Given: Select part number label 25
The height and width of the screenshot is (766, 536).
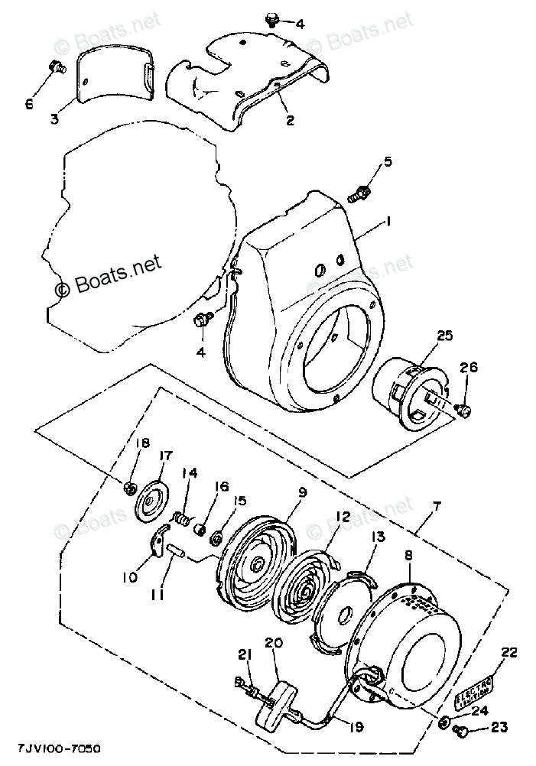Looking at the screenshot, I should (x=445, y=335).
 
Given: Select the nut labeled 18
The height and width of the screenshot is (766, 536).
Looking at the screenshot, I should (x=131, y=488).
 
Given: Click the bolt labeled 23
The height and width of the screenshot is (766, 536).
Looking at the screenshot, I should (x=460, y=732).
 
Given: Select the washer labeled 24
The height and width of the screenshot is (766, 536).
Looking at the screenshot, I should (x=444, y=722).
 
